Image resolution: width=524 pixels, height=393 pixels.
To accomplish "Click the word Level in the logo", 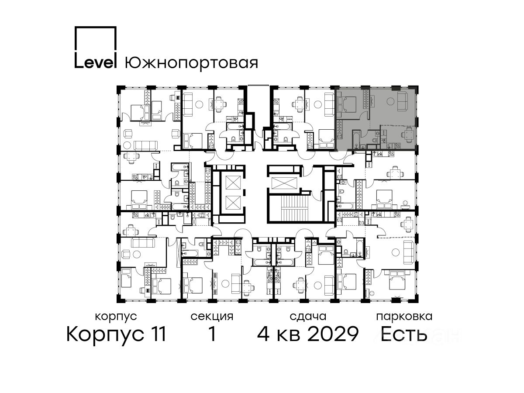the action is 96,62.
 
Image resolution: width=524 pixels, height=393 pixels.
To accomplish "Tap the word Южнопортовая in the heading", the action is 191,63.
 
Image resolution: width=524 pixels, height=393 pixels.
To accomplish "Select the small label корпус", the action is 116,317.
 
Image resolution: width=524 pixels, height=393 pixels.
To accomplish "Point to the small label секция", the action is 212,317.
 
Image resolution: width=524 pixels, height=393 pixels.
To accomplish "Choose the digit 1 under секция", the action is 212,334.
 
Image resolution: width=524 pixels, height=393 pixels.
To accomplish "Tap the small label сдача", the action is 308,317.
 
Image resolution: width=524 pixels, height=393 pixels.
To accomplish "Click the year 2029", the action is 333,334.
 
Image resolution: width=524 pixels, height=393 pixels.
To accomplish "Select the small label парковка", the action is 404,317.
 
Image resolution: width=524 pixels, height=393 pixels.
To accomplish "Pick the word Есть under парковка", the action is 403,334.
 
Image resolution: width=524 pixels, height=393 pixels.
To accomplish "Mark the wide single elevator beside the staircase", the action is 283,183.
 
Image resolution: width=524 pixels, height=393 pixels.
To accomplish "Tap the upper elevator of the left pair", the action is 233,183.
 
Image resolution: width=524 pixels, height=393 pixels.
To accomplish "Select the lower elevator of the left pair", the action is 233,203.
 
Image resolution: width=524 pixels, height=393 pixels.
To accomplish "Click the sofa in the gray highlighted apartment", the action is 404,101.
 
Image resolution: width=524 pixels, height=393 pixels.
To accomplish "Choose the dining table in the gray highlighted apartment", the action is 409,135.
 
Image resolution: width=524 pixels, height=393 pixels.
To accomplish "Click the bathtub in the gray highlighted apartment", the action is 356,138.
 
